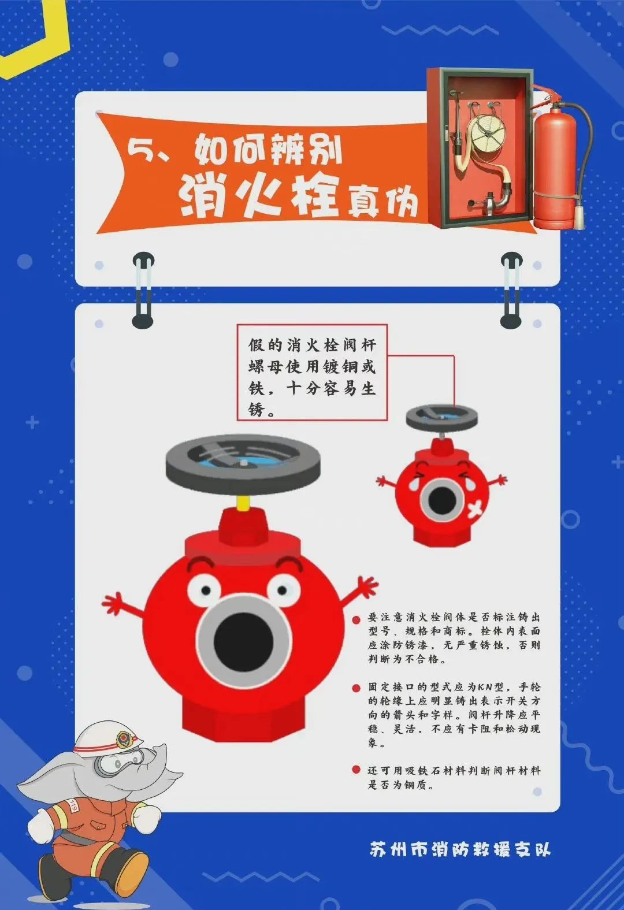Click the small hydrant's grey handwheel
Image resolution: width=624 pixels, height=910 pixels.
442,417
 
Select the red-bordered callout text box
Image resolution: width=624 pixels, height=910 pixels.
312,372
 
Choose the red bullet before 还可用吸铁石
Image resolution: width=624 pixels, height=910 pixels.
356,769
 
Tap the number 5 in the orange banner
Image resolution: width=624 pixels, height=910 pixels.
139,150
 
